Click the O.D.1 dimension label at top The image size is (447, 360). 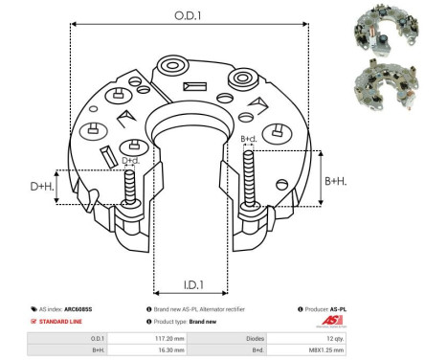click(189, 13)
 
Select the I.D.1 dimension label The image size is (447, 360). click(190, 284)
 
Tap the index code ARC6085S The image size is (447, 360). click(93, 310)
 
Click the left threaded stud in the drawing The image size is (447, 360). click(128, 188)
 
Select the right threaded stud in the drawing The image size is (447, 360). click(250, 182)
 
